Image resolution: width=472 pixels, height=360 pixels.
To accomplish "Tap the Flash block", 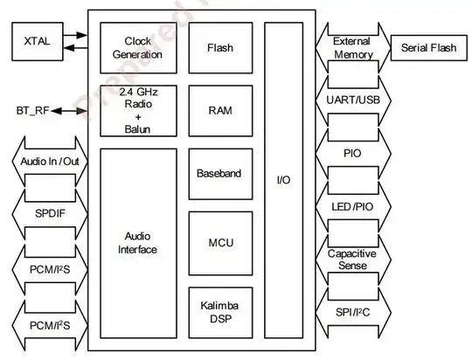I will (219, 48).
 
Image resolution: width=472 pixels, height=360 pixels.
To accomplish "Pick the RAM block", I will (219, 110).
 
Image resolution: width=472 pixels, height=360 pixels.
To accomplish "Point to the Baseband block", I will (219, 173).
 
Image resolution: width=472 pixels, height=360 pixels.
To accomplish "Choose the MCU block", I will (219, 243).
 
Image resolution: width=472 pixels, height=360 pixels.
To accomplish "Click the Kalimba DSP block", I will (219, 310).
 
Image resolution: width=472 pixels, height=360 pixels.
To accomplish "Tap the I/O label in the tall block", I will (284, 180).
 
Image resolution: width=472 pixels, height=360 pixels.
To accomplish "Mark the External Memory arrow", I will (352, 48).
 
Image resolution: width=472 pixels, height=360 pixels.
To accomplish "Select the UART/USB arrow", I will (352, 101).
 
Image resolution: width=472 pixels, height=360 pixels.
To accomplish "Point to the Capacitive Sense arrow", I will (352, 258).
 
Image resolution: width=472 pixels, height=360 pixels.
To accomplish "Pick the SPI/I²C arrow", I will (352, 311).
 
